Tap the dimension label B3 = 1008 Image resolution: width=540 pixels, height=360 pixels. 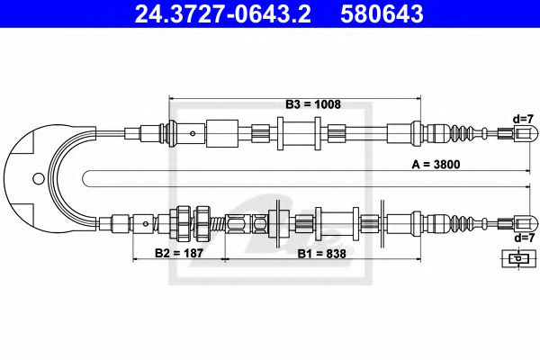(313, 104)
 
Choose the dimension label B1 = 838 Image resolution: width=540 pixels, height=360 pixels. (320, 254)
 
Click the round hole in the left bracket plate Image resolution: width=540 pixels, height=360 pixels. (37, 177)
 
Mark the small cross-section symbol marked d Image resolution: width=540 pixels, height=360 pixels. (516, 259)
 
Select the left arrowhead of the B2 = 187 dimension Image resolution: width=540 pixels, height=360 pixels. (135, 260)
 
